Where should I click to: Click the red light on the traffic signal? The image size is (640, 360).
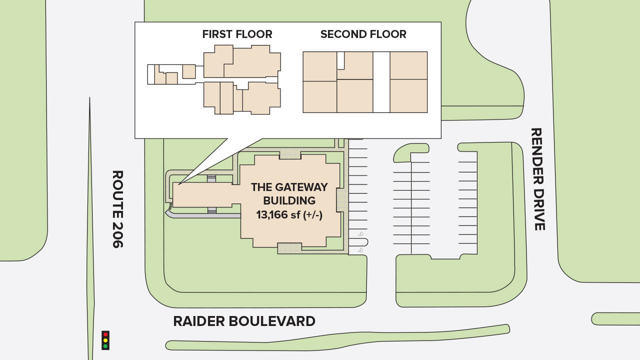pos(105,334)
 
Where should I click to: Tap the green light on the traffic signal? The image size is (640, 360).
pos(105,346)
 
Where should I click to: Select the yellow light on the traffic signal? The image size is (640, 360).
pos(105,340)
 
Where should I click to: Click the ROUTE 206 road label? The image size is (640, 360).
pos(117,209)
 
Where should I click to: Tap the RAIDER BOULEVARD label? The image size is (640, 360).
pos(244,321)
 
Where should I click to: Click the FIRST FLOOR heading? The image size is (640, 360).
pos(237,34)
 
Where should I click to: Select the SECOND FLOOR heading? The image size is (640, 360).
pos(363,34)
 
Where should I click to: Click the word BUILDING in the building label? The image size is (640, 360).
pos(289,200)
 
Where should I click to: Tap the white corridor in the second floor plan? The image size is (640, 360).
pos(381,82)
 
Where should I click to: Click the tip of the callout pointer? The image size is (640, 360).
pos(178,184)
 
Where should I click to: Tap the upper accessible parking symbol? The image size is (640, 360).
pos(360,234)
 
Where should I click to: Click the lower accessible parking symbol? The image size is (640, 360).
pos(360,249)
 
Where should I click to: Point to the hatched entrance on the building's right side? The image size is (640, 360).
pos(342,200)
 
